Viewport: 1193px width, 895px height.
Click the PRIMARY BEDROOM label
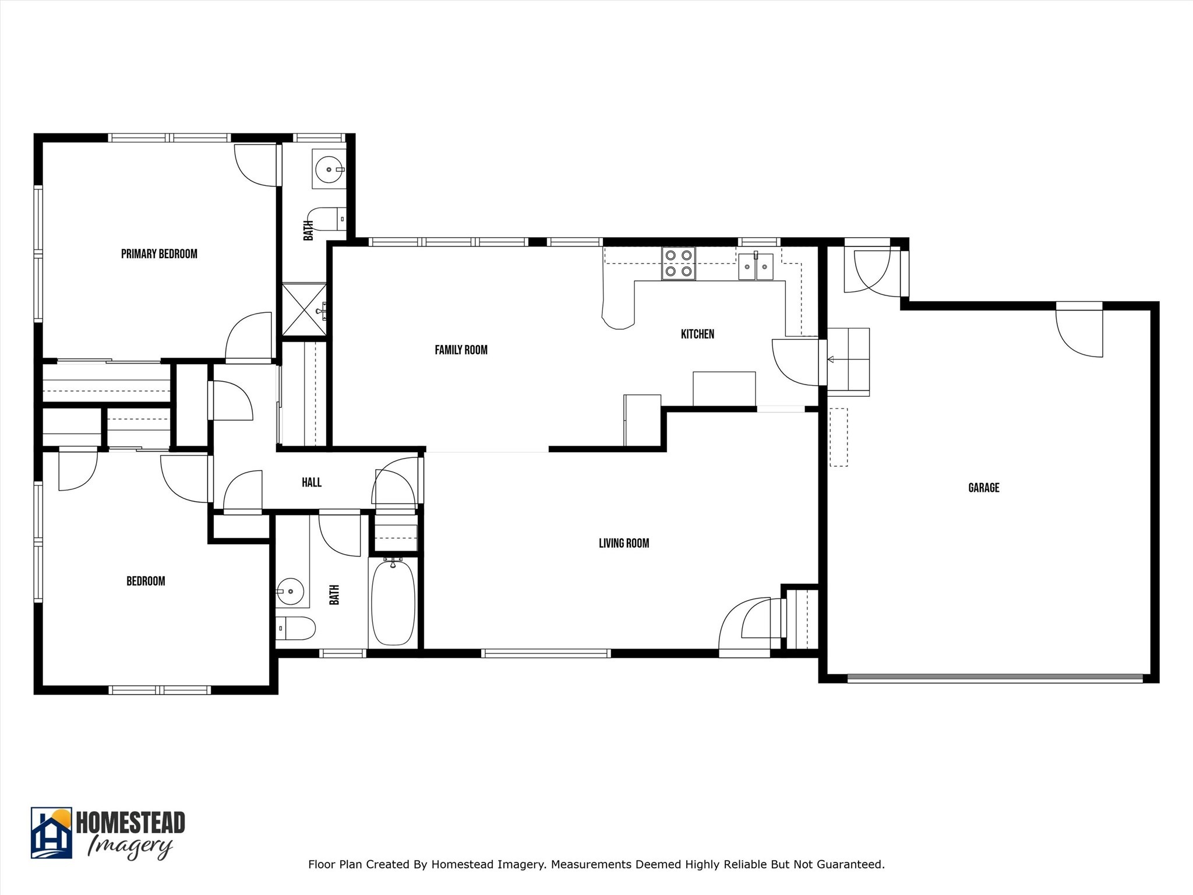coord(159,254)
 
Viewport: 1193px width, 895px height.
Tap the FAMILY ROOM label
coord(461,350)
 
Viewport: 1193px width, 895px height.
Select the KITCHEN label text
coord(697,334)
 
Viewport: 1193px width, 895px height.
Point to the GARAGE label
coord(983,488)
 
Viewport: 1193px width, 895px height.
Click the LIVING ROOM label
coord(623,544)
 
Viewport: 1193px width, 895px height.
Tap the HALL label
coord(311,482)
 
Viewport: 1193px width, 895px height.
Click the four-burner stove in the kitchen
coord(678,263)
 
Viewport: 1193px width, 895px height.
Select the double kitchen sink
coord(756,267)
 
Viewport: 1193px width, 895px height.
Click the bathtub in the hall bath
coord(393,602)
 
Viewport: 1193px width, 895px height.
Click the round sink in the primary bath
coord(329,170)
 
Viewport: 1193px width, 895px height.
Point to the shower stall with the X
coord(303,309)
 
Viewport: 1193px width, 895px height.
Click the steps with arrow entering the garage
coord(848,362)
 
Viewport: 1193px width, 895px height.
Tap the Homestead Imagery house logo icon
coord(51,833)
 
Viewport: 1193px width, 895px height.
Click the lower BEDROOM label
coord(146,582)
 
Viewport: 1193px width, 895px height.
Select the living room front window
coord(546,653)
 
